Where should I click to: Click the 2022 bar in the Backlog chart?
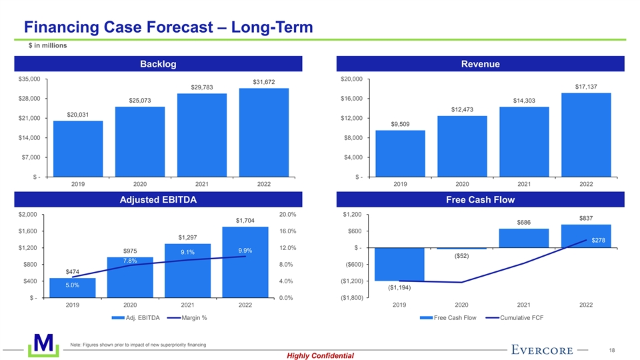point(264,132)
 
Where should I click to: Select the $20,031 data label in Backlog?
point(78,115)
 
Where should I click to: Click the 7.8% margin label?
point(130,261)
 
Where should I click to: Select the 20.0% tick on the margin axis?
point(287,215)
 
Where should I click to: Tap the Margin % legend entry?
point(191,317)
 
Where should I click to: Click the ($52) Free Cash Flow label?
point(461,256)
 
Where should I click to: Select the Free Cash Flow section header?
point(480,199)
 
